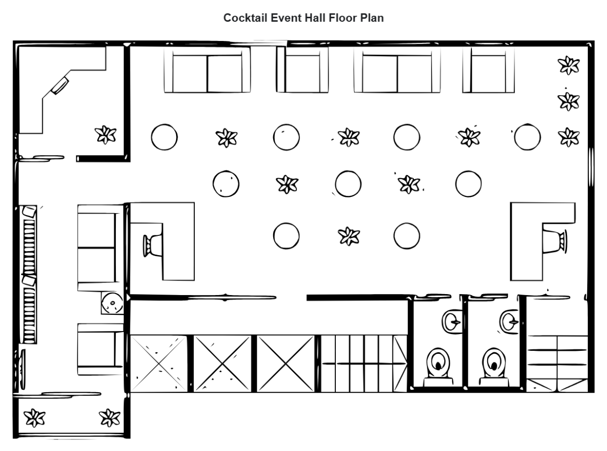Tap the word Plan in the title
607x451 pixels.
pos(373,18)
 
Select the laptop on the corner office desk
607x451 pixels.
pos(60,85)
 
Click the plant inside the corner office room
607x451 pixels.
pos(106,134)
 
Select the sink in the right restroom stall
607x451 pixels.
pos(509,320)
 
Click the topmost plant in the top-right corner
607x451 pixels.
pos(568,65)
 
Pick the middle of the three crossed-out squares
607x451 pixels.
pos(223,363)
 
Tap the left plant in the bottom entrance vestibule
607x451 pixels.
pos(35,417)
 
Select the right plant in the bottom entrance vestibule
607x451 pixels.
pos(109,417)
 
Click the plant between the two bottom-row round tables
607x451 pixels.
pos(349,235)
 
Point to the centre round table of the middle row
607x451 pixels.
pos(348,183)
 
